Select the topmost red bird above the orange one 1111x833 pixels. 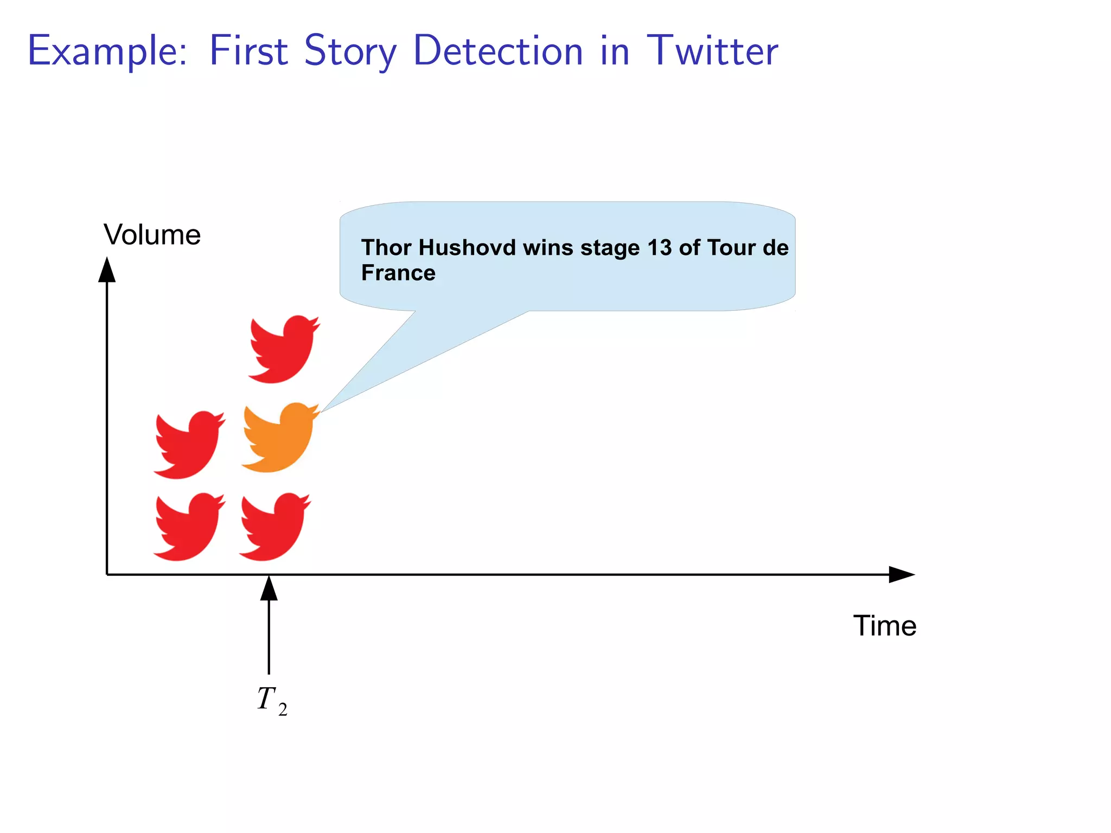(284, 349)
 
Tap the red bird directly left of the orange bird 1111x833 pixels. (189, 445)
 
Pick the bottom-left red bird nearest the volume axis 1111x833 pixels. (189, 527)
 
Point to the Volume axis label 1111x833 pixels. (152, 235)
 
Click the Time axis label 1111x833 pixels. (885, 626)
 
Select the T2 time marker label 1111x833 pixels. (272, 700)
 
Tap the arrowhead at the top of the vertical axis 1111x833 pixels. (107, 270)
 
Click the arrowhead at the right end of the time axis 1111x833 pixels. (901, 574)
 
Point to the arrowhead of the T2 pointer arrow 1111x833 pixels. (269, 589)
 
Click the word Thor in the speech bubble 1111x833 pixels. (386, 247)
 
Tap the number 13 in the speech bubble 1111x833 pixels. (659, 247)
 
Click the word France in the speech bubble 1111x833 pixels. (398, 273)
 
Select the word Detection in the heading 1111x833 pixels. (498, 51)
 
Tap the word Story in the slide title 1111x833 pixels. (350, 51)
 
